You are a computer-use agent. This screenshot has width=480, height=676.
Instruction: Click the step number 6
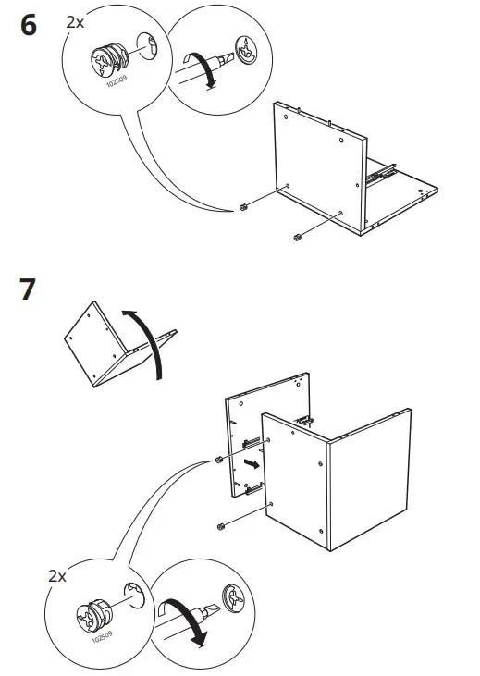[x=28, y=26]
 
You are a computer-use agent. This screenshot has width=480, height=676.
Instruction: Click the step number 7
[x=28, y=289]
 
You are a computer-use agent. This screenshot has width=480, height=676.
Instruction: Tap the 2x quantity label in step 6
[x=75, y=20]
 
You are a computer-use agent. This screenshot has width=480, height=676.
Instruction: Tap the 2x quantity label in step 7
[x=57, y=575]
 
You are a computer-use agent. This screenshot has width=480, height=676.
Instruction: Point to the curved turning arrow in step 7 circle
[x=188, y=624]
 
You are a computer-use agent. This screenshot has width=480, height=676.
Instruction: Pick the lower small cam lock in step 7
[x=221, y=527]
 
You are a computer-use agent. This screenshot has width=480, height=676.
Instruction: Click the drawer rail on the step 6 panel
[x=379, y=171]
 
